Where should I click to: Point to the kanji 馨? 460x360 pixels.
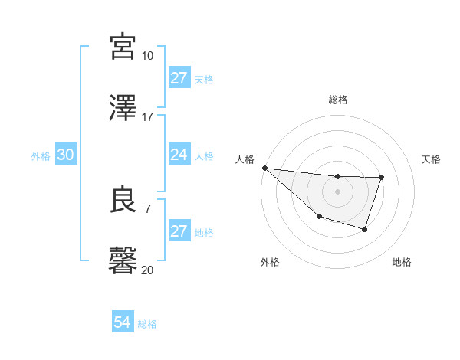[x=123, y=260]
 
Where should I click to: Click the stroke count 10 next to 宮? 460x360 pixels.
[x=147, y=55]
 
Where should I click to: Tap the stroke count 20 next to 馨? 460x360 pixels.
[x=147, y=270]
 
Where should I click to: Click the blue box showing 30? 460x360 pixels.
[x=66, y=155]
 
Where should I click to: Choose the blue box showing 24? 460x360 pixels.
[x=179, y=155]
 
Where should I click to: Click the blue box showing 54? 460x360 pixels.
[x=123, y=322]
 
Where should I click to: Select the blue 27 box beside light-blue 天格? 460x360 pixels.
[x=179, y=78]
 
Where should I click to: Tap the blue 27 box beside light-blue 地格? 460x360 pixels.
[x=179, y=231]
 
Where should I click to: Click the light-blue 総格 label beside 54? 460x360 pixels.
[x=147, y=324]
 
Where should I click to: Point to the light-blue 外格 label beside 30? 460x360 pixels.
[x=41, y=156]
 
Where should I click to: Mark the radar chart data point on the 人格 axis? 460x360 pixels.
[x=264, y=168]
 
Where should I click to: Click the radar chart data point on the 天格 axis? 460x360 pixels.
[x=381, y=178]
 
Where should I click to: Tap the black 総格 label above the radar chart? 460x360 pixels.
[x=337, y=100]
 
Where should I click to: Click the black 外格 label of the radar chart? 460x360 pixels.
[x=270, y=262]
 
